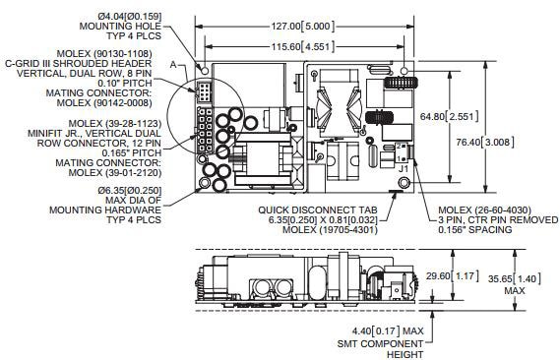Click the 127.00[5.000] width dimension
point(303,27)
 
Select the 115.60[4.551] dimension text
point(303,47)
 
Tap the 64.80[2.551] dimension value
point(449,117)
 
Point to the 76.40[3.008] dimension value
point(485,142)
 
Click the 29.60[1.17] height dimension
point(452,275)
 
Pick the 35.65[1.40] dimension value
point(515,278)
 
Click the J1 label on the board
point(404,168)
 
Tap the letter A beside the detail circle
point(173,65)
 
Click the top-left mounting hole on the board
point(205,70)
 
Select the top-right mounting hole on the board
point(404,71)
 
